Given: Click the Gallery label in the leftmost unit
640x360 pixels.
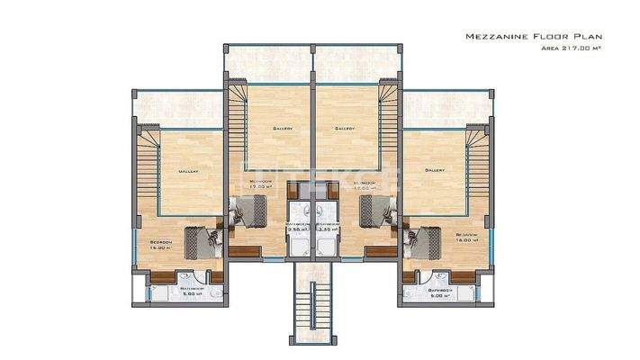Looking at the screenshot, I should click(x=188, y=171).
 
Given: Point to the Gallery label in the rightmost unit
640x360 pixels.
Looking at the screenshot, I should click(x=436, y=170).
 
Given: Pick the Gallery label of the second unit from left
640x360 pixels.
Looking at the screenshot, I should click(x=282, y=129).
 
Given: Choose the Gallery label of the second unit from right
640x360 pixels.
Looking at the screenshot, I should click(x=345, y=129).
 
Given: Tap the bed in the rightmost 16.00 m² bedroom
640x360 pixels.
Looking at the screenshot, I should click(x=422, y=241).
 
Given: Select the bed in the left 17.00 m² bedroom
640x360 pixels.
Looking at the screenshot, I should click(x=245, y=214).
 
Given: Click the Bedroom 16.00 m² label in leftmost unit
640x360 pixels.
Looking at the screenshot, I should click(x=162, y=245).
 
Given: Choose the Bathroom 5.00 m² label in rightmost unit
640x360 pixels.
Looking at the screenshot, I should click(x=437, y=291).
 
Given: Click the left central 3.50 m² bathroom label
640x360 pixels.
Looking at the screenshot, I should click(x=296, y=227).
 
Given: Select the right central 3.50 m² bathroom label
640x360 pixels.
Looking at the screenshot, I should click(x=327, y=227).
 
